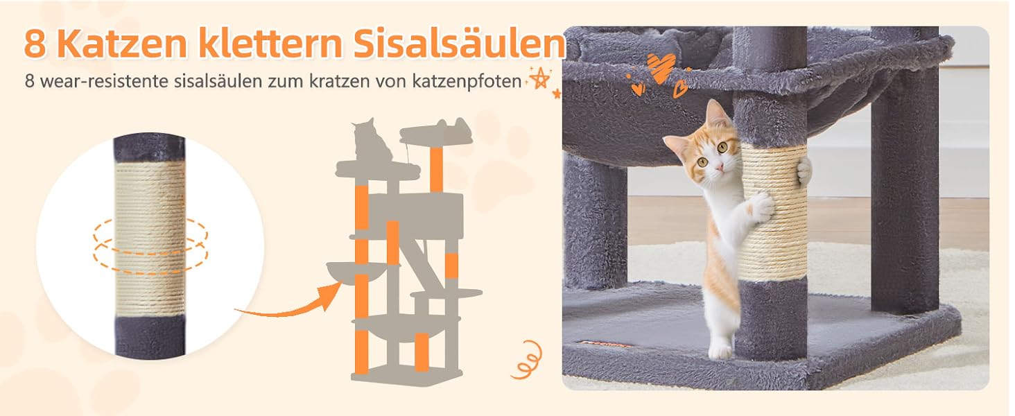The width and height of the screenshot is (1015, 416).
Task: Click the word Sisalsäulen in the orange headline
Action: [459, 43]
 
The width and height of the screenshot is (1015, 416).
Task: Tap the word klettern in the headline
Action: [270, 43]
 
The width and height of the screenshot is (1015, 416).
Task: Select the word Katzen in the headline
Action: [123, 44]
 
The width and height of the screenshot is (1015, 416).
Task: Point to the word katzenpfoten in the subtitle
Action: [467, 82]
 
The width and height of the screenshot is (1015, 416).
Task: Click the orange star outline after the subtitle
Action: [539, 79]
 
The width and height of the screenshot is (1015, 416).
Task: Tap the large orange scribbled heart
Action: [661, 67]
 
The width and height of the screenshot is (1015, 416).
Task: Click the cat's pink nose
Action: [718, 167]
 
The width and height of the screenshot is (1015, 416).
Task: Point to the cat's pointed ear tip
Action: [711, 101]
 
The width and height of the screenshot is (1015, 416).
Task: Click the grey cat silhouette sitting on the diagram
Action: [372, 141]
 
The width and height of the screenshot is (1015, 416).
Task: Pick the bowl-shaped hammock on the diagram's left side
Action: [356, 272]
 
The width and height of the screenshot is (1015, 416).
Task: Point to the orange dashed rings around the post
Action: [150, 246]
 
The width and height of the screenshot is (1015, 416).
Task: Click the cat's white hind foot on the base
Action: [720, 349]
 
